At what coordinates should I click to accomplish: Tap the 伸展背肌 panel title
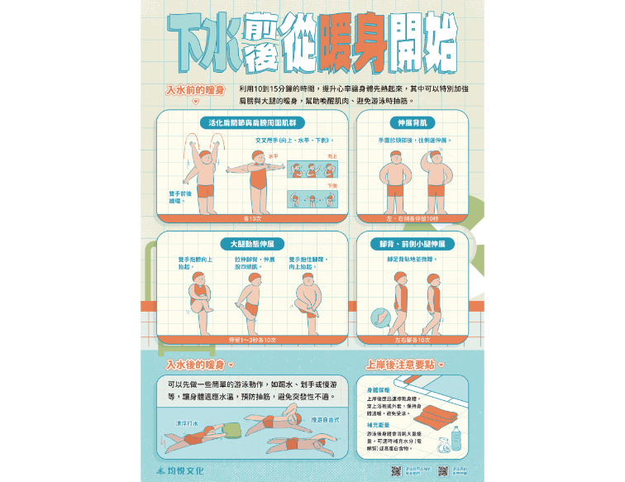(412, 123)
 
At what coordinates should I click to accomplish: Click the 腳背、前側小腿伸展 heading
(412, 244)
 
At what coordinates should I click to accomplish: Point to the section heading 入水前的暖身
(195, 89)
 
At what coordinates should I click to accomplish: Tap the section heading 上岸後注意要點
(401, 364)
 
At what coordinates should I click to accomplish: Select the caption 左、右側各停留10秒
(412, 219)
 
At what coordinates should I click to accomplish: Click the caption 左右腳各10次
(412, 340)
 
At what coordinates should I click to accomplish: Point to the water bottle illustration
(456, 439)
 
